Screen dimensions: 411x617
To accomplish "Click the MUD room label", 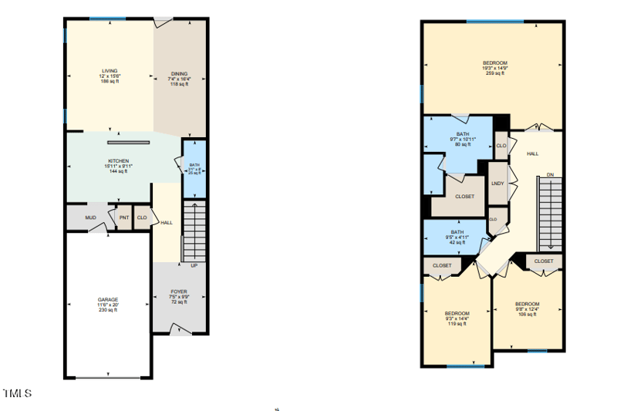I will [x=90, y=218].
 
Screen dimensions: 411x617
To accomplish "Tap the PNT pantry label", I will [x=123, y=218].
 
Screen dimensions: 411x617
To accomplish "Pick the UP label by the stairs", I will [x=194, y=266].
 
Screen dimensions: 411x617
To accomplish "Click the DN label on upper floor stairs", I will [x=550, y=175].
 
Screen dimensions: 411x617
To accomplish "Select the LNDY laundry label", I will [x=497, y=183].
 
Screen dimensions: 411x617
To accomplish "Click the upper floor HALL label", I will [x=532, y=154].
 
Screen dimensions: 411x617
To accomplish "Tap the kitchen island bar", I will [x=129, y=142].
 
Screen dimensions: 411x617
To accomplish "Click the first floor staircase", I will [x=194, y=231].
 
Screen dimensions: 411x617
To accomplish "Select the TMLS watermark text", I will [x=16, y=393].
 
